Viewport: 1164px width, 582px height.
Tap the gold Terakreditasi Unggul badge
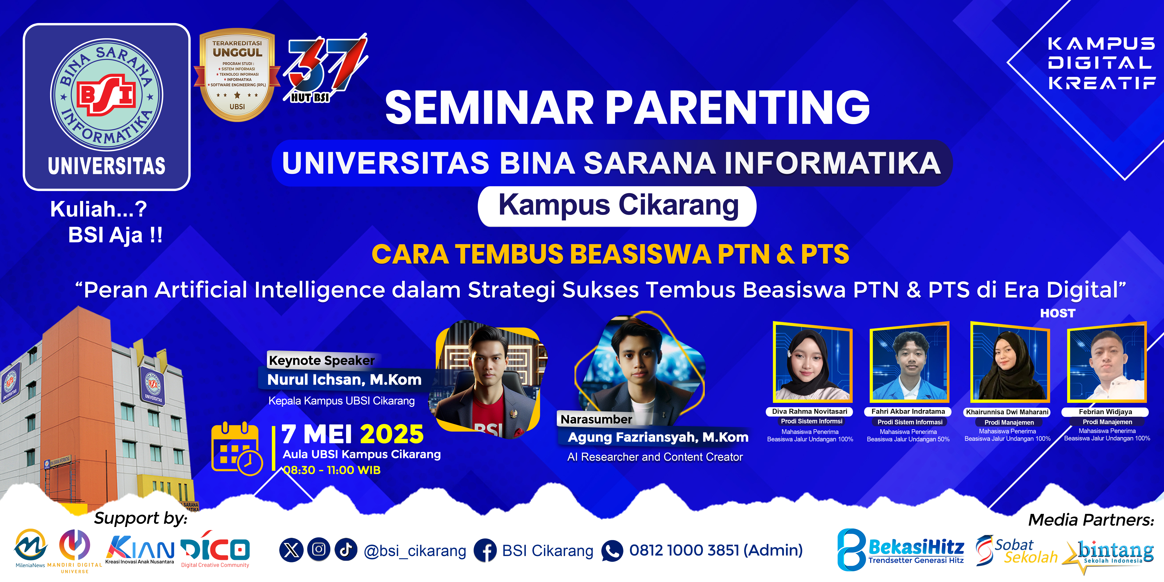pos(237,75)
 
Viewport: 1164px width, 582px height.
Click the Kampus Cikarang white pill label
pos(617,206)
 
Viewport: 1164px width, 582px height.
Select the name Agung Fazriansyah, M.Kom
pos(658,437)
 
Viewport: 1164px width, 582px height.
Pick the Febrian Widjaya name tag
pos(1105,412)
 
